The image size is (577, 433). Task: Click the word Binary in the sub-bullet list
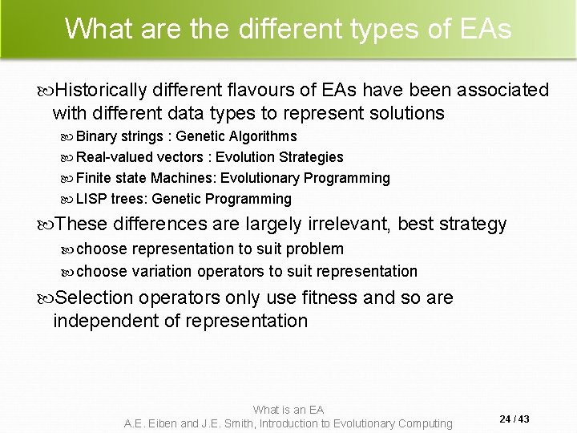point(95,136)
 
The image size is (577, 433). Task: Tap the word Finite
point(94,178)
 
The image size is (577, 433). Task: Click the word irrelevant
point(354,224)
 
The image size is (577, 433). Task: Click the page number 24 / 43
point(513,418)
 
